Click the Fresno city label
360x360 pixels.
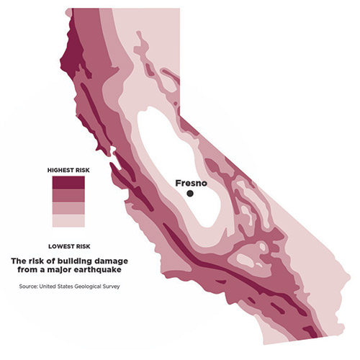192,183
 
